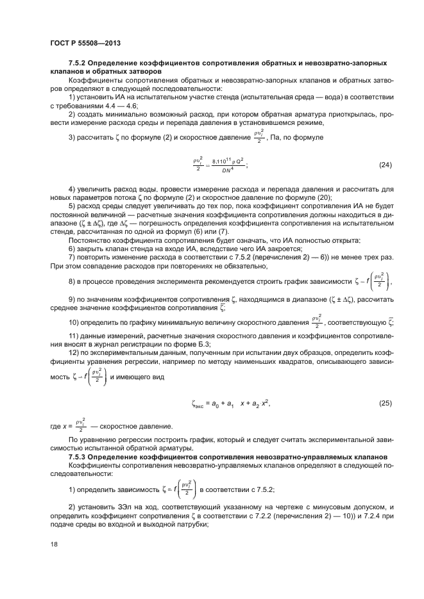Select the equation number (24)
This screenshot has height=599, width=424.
point(385,165)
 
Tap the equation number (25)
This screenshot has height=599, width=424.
point(385,403)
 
